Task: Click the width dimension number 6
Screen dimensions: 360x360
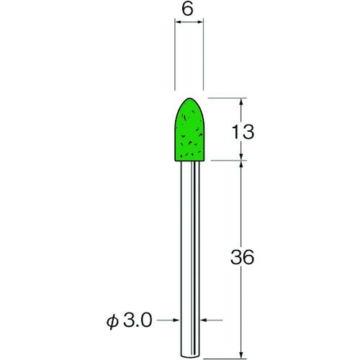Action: point(187,10)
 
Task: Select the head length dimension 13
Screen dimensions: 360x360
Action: point(243,132)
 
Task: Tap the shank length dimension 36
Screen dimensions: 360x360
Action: point(242,257)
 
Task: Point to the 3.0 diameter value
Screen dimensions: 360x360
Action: point(138,320)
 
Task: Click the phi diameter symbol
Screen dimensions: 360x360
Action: point(112,321)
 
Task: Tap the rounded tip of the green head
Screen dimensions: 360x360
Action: point(189,98)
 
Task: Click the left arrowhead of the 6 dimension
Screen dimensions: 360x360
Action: point(178,22)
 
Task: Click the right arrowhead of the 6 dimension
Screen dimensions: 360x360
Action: point(201,22)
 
